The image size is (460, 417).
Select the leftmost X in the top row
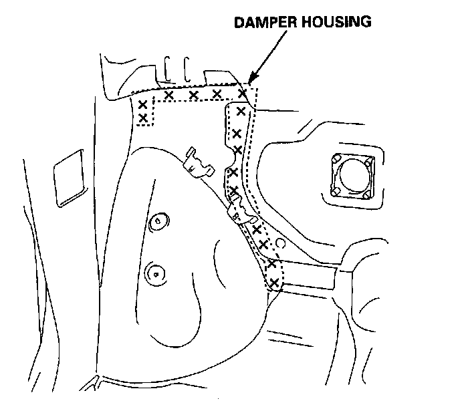click(x=168, y=96)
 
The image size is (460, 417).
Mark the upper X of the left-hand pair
click(x=142, y=105)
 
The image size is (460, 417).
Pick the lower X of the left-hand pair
click(x=142, y=118)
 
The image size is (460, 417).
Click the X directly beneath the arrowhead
click(x=242, y=94)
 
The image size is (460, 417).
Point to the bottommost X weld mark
click(x=273, y=273)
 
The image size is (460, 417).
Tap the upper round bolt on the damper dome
click(x=158, y=220)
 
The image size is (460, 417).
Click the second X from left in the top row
click(x=193, y=96)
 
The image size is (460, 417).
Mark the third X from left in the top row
click(x=217, y=94)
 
